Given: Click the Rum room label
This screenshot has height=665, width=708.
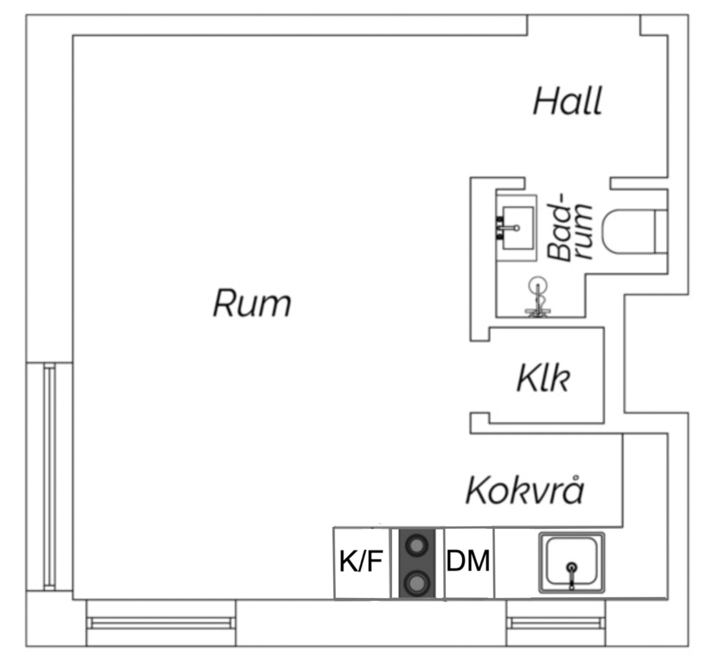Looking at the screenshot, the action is (252, 303).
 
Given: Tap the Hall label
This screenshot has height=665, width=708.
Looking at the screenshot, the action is (568, 101).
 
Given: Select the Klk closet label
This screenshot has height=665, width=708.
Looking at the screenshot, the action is (543, 377).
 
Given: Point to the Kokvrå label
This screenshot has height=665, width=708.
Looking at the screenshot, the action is (525, 490).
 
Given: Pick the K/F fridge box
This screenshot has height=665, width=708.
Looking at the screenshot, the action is (361, 563).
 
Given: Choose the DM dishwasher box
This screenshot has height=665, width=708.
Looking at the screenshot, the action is (469, 563).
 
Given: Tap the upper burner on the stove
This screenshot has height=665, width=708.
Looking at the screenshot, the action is (416, 546).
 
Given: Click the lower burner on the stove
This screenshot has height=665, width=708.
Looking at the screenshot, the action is (416, 582).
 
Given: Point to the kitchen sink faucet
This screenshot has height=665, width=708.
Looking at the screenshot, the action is (572, 574).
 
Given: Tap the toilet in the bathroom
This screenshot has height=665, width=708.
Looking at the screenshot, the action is (635, 232).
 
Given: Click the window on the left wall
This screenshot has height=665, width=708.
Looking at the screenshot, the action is (50, 477).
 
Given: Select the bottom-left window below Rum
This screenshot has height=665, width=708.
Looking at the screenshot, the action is (161, 623).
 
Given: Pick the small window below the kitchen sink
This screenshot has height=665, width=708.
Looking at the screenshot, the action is (556, 623).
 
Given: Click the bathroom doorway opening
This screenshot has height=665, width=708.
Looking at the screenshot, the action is (568, 183).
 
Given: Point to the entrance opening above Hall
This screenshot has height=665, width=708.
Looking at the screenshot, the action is (584, 25).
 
